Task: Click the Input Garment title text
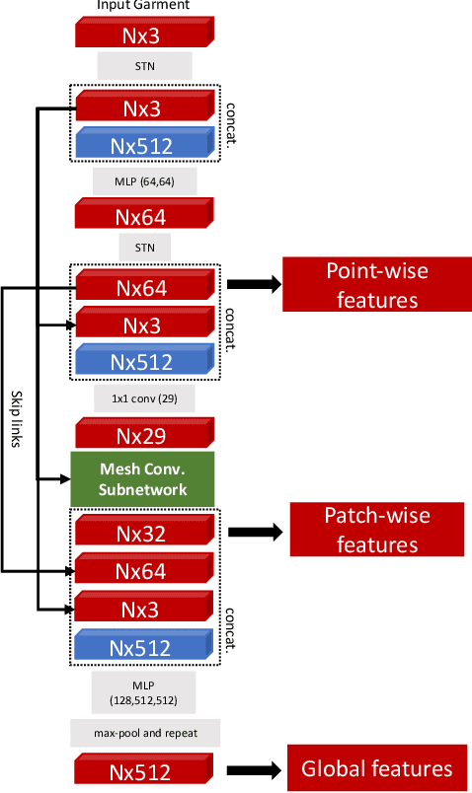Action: click(144, 6)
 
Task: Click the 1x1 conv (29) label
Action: click(145, 397)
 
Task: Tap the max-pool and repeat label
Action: click(145, 732)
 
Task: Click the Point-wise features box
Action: click(370, 284)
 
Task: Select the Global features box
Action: click(376, 768)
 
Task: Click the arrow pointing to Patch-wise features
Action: click(256, 532)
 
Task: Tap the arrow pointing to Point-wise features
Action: click(254, 284)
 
